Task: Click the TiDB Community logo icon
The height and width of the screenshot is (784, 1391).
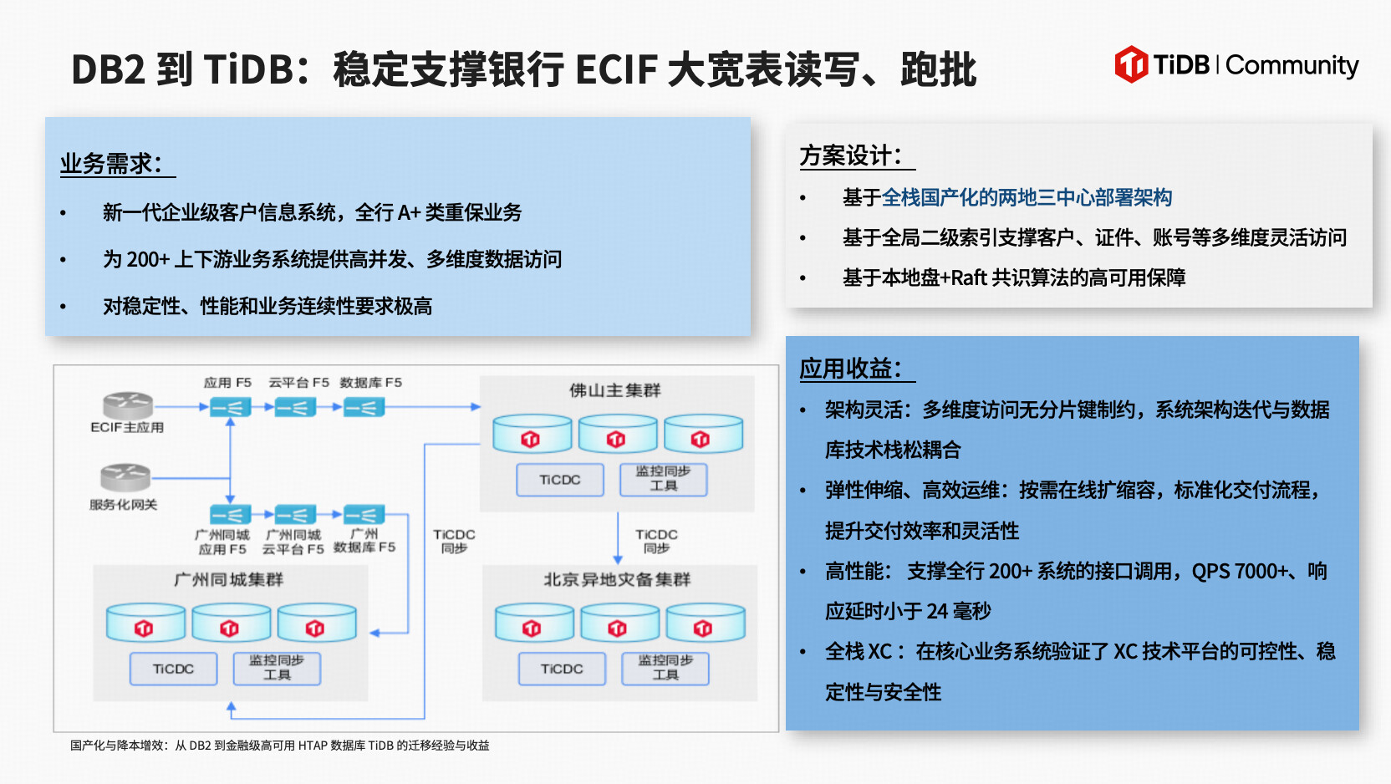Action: [x=1131, y=64]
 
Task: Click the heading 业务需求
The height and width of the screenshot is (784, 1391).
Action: [x=111, y=163]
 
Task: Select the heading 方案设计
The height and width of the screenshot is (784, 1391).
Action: [x=851, y=155]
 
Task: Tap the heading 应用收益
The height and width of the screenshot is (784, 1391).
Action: [x=851, y=369]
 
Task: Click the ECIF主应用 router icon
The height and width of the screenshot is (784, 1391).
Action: [x=128, y=405]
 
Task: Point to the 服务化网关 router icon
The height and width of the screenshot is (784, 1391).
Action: [x=125, y=477]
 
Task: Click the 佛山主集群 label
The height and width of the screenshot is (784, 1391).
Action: [x=614, y=390]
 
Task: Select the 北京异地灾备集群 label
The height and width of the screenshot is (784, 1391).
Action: [x=617, y=579]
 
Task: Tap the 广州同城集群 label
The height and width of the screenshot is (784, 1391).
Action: [x=228, y=579]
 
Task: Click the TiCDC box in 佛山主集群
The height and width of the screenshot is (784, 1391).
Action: [x=559, y=480]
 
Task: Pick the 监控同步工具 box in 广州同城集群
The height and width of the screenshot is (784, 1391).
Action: [x=277, y=668]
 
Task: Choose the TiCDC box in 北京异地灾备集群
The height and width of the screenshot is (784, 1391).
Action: [x=562, y=669]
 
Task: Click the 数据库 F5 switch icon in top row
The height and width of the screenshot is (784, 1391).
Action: [x=364, y=407]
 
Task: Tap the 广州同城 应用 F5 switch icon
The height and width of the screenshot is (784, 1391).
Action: [x=229, y=514]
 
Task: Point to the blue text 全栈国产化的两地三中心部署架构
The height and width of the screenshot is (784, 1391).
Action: [x=1027, y=198]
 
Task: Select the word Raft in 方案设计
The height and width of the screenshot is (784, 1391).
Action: [x=969, y=277]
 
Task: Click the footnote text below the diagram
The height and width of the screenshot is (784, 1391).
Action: [x=280, y=746]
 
